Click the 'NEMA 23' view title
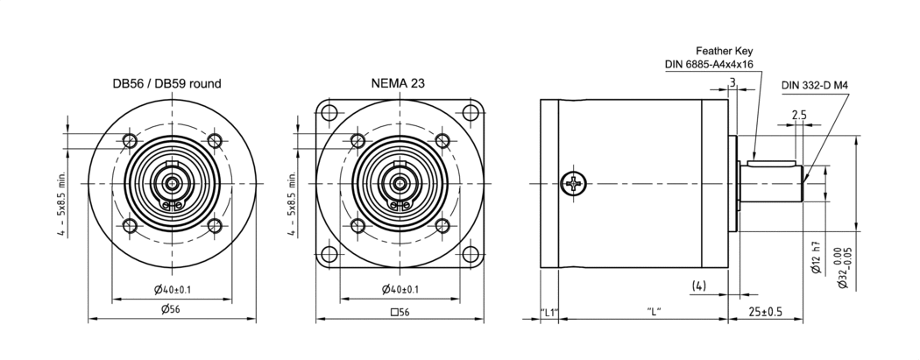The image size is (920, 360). coord(400,84)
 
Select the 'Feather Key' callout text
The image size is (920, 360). coord(725,51)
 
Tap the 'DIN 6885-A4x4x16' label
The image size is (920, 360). coord(710,64)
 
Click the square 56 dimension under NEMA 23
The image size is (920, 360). coord(400,312)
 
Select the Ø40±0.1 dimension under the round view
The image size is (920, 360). coord(172,289)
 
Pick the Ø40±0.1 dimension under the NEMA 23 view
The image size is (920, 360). coord(400,289)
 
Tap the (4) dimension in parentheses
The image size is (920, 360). coord(699,286)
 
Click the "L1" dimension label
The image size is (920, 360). coord(549,312)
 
